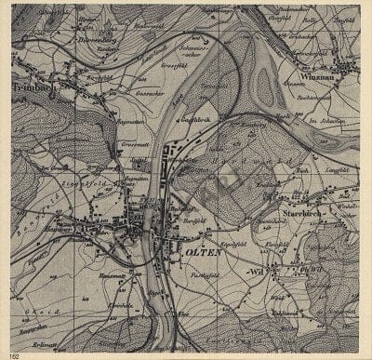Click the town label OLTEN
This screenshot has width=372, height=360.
click(201, 253)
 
